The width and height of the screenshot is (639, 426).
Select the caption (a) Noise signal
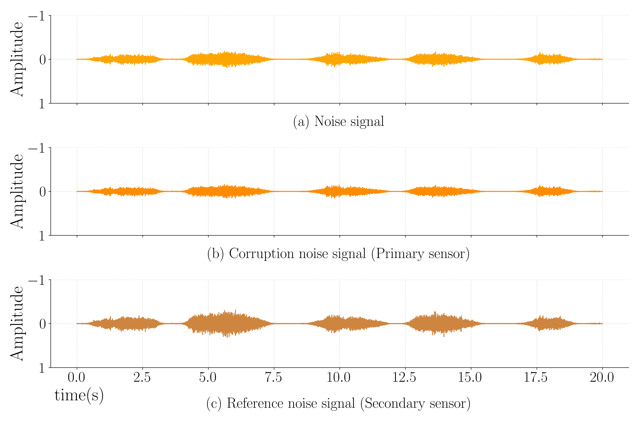tap(339, 121)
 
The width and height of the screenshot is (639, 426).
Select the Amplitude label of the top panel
tap(17, 59)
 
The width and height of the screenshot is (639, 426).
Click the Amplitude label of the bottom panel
tap(17, 324)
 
